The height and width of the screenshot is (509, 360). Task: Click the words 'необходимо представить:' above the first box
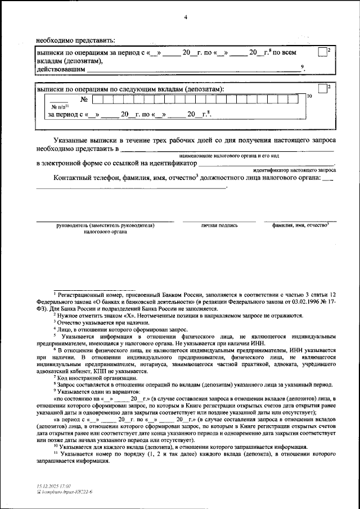(x=75, y=40)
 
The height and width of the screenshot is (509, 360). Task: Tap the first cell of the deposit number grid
(x=98, y=100)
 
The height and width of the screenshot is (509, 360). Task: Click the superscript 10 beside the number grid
(x=309, y=97)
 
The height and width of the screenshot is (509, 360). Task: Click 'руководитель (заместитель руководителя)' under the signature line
(x=105, y=225)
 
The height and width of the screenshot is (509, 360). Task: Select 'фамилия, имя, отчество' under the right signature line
(x=296, y=225)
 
